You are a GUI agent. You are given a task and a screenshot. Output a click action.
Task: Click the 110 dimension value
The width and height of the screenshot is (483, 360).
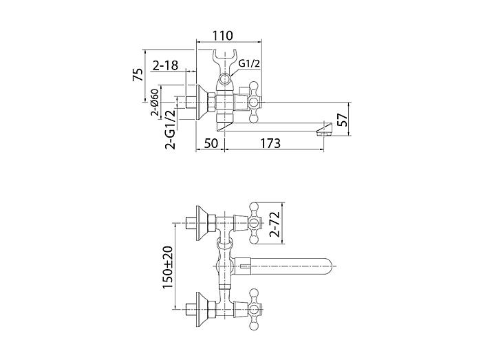(x=223, y=35)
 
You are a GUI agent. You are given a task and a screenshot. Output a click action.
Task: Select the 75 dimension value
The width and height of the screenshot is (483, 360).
(x=138, y=74)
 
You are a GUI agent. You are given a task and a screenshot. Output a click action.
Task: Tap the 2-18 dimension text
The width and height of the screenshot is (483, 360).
(x=165, y=65)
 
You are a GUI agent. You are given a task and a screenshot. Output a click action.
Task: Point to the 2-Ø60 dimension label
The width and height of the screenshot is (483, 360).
(x=155, y=102)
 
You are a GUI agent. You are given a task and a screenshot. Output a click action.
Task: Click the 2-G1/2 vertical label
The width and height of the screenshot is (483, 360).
(x=171, y=129)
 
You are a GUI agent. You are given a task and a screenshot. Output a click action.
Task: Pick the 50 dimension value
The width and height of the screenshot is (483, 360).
(x=211, y=143)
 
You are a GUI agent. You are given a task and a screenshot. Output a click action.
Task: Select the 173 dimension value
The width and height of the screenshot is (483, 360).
(x=271, y=143)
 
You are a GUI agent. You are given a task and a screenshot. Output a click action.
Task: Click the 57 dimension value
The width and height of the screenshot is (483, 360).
(x=342, y=119)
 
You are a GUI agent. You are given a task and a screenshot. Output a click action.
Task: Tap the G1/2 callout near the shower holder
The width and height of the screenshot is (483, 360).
(x=250, y=64)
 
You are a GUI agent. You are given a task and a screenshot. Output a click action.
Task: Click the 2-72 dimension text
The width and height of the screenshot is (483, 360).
(x=275, y=224)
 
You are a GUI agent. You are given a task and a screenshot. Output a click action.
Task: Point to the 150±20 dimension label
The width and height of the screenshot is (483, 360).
(x=168, y=268)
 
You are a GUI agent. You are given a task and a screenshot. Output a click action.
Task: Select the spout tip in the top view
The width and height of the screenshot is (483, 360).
(x=324, y=129)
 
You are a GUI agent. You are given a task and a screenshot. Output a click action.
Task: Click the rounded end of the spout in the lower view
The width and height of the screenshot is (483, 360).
(x=328, y=266)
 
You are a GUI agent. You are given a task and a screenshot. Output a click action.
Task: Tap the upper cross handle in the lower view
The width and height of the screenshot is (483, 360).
(x=254, y=223)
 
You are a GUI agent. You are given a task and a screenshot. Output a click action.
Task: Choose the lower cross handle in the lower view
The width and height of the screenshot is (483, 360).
(x=254, y=310)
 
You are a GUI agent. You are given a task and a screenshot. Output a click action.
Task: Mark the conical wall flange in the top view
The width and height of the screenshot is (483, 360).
(x=202, y=102)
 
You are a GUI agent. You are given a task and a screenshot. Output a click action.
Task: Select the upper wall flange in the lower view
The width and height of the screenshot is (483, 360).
(x=202, y=223)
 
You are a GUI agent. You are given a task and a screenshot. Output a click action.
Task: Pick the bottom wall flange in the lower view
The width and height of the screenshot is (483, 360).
(x=202, y=310)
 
